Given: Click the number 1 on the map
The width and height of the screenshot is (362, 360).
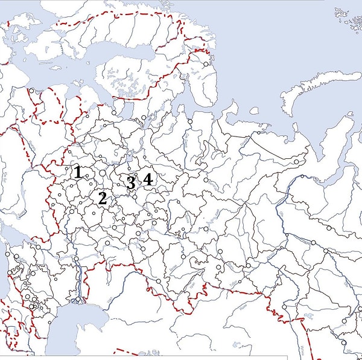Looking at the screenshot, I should coord(78,172).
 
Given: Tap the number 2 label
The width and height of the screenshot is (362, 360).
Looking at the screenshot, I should coord(103,198).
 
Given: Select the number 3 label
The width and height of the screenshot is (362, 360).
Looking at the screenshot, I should coord(130,182).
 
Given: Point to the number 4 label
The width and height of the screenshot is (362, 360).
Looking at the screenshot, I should coord(147,179).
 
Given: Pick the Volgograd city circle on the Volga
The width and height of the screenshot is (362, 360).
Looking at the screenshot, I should coord(77,260).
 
